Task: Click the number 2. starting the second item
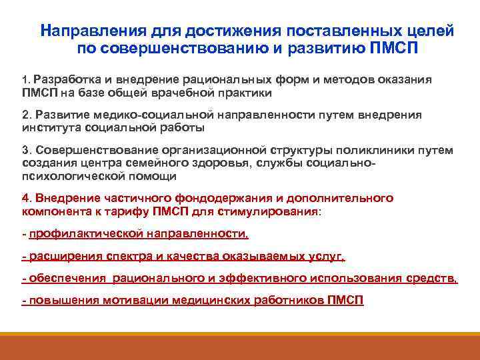tap(26, 114)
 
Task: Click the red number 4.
tap(27, 198)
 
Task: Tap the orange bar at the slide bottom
tap(240, 347)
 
